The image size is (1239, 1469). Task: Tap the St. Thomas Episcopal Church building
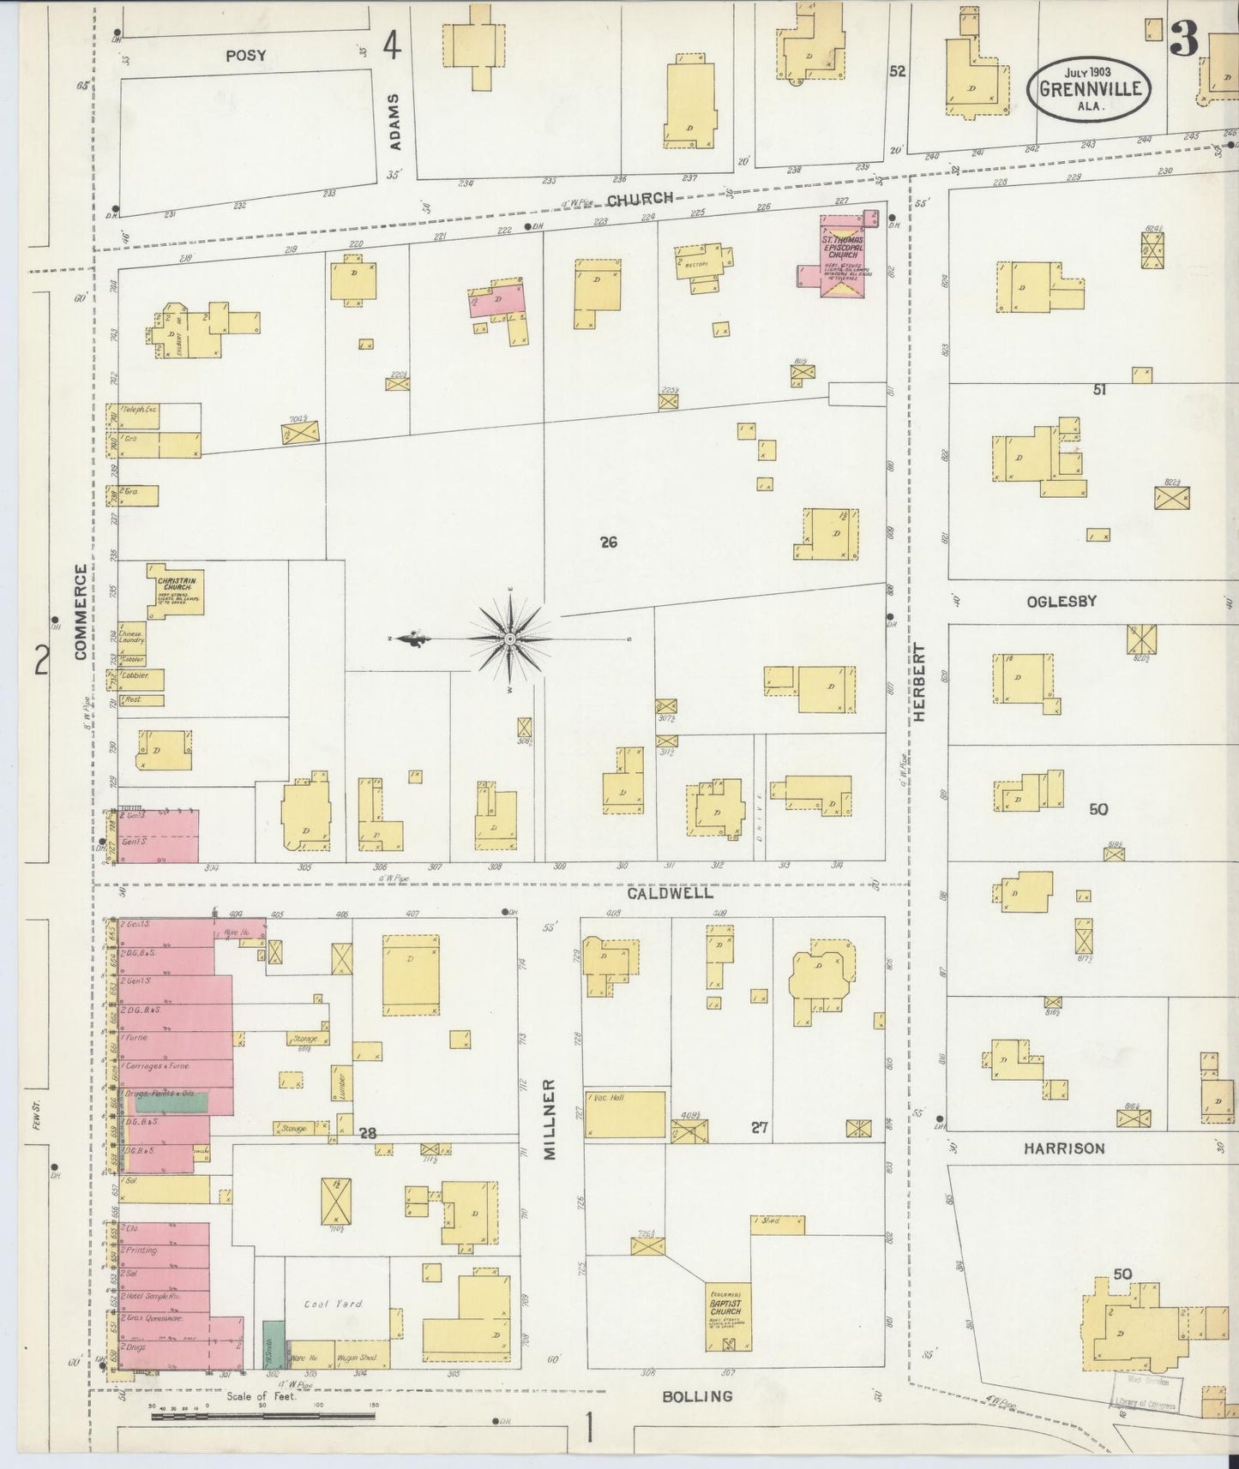coord(843,256)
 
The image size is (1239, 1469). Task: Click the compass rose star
coord(510,639)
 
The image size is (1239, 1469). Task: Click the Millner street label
coord(550,1118)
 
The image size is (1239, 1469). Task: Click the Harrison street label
coord(1063,1148)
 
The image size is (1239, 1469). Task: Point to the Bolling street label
coord(697,1396)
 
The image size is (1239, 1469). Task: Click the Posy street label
coord(246,56)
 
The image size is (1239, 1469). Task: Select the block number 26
coord(608,542)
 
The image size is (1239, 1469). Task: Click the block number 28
coord(368,1133)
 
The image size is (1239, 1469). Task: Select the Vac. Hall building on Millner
coord(626,1114)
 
